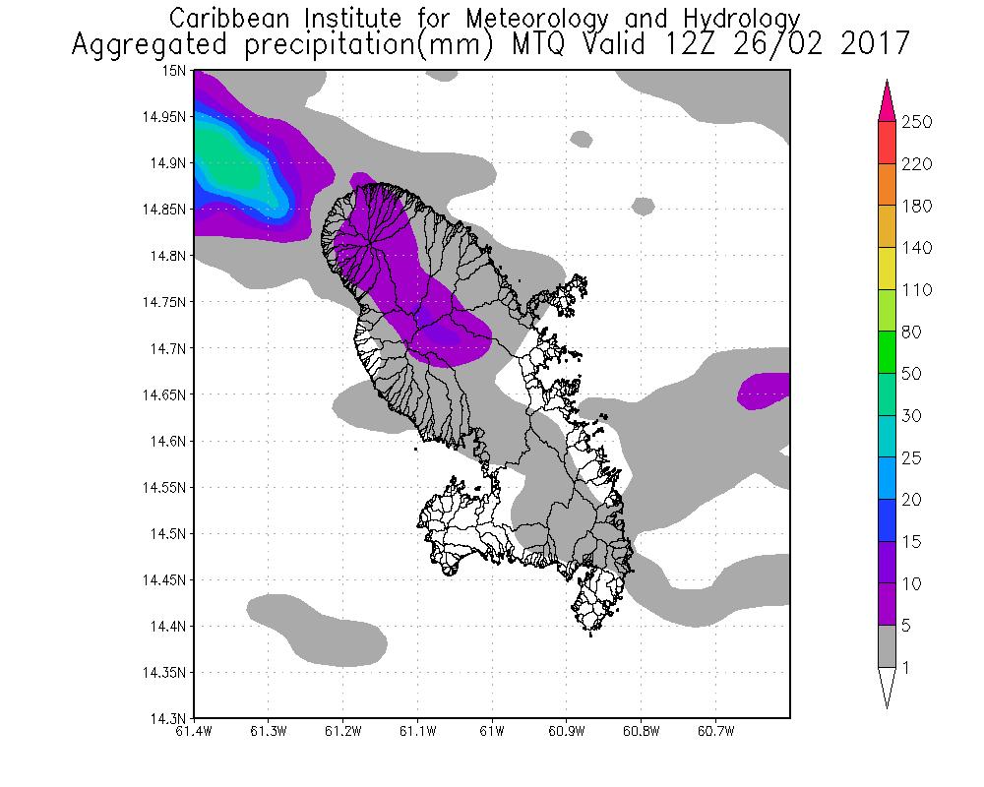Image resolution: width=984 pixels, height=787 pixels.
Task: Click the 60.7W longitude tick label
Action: pos(714,731)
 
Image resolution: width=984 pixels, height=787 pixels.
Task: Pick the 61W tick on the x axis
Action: pos(492,731)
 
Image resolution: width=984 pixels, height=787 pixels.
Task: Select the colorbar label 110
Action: pos(916,290)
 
